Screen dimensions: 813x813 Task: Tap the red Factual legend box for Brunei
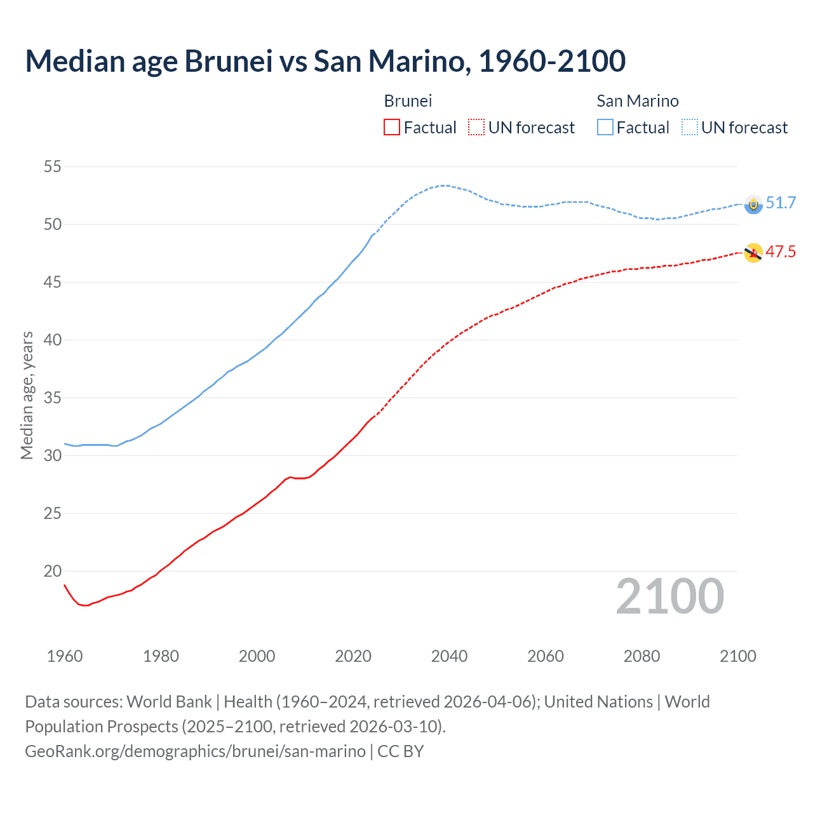[x=392, y=127]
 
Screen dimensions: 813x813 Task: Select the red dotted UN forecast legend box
[x=476, y=127]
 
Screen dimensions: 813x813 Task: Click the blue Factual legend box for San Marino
[x=605, y=127]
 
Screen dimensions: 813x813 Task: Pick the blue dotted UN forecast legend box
[x=690, y=127]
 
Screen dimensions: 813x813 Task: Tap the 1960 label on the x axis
[x=65, y=656]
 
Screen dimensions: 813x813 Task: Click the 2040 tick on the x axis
[x=449, y=656]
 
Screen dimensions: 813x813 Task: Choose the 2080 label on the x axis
[x=642, y=656]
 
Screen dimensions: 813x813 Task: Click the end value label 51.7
[x=781, y=203]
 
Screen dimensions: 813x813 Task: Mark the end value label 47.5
[x=781, y=252]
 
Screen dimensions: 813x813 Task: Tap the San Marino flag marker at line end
[x=753, y=205]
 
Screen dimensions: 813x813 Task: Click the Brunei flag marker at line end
[x=753, y=253]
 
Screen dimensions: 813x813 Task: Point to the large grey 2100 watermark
[x=669, y=596]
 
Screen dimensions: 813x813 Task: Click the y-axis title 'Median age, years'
[x=27, y=395]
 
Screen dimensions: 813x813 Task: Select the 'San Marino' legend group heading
[x=637, y=101]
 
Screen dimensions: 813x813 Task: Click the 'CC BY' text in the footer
[x=400, y=751]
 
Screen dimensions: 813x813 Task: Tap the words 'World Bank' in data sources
[x=169, y=702]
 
